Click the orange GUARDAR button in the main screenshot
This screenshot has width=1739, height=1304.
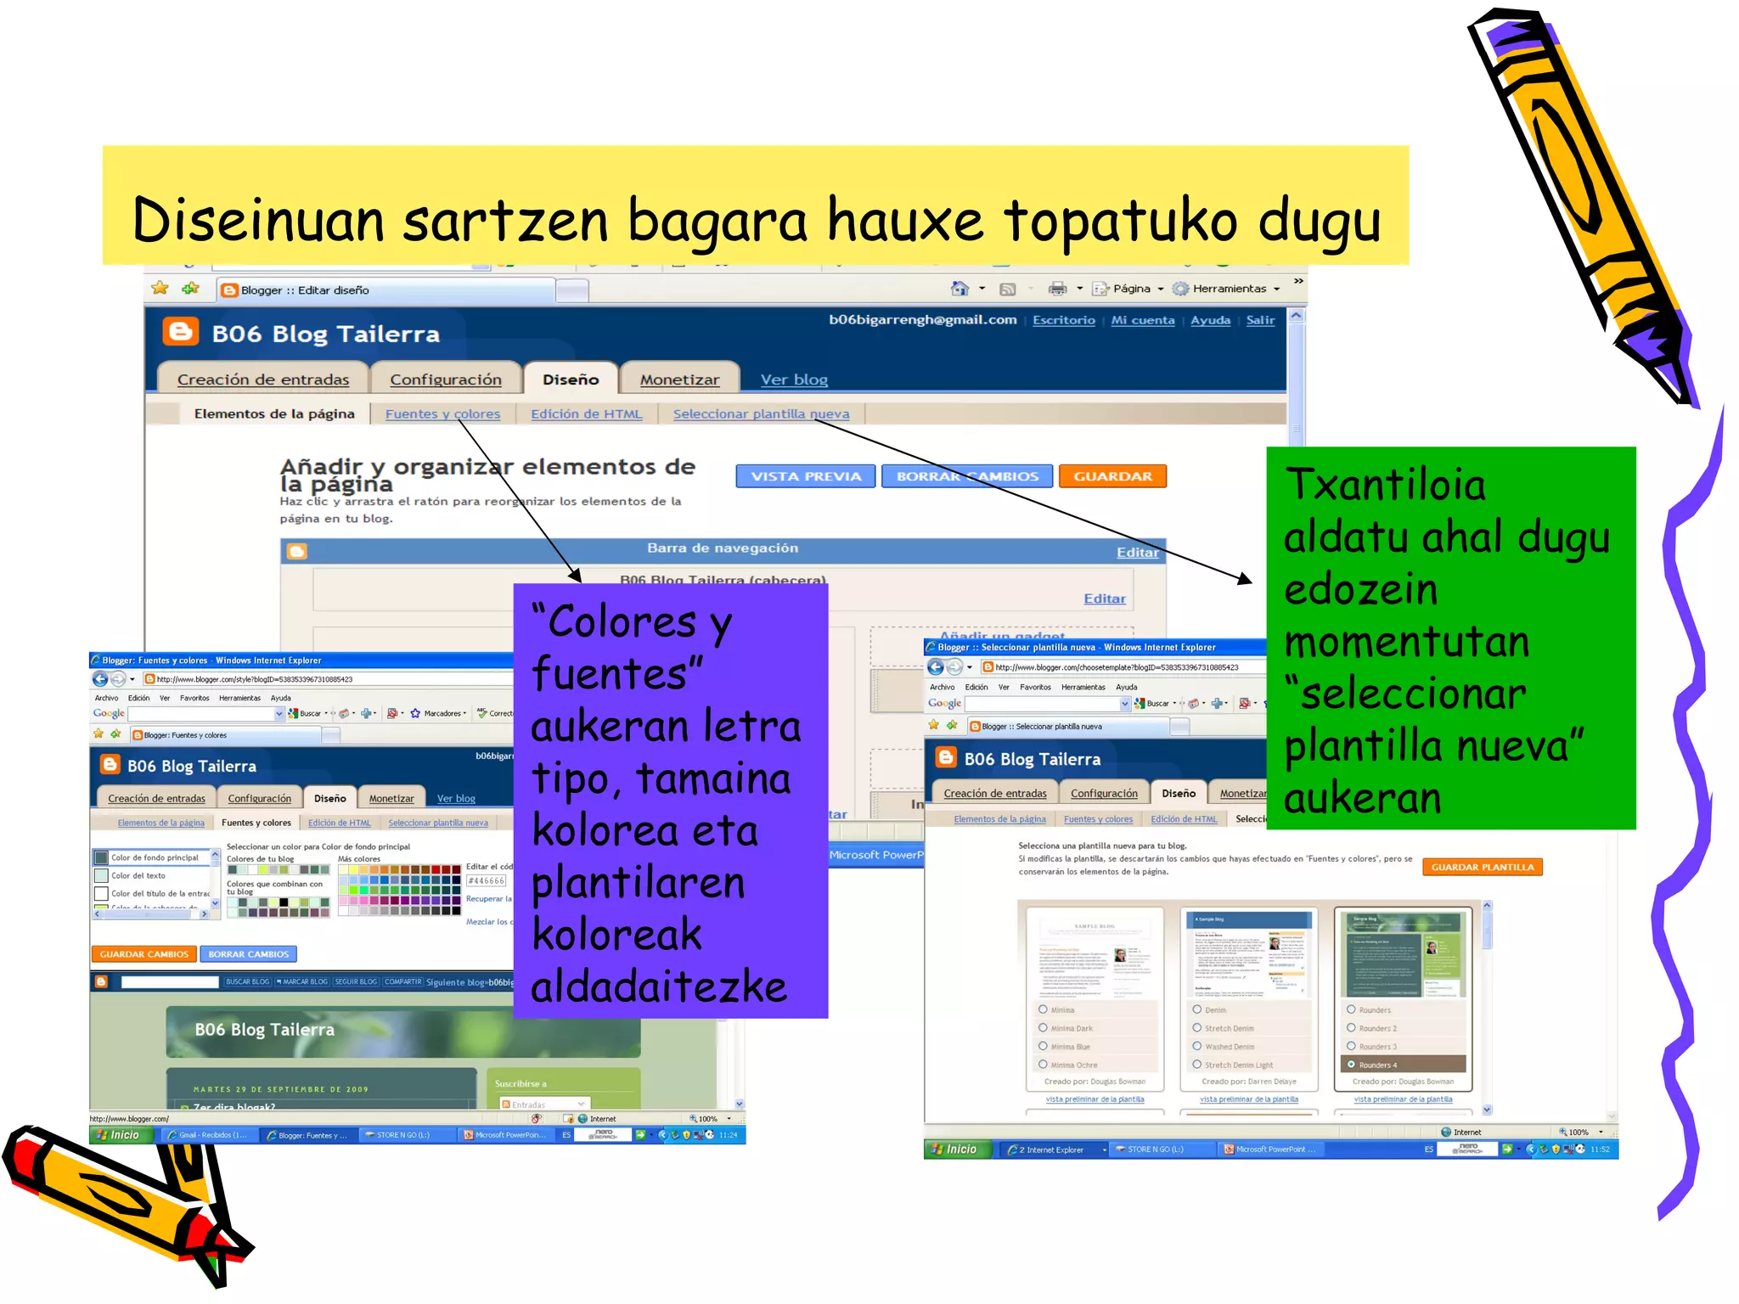pos(1112,476)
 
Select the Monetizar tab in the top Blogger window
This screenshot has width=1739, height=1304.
pos(679,379)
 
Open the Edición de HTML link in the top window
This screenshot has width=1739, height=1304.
pos(586,413)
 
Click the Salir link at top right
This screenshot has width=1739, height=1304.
pos(1260,320)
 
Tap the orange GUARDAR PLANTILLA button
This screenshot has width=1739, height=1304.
pos(1482,867)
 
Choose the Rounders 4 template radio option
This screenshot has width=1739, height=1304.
pos(1351,1064)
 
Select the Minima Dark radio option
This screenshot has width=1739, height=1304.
pos(1044,1028)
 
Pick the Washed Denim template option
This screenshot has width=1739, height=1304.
pos(1197,1046)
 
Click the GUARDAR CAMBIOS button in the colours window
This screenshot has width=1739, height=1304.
pos(144,954)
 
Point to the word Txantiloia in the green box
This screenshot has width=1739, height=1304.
pos(1385,485)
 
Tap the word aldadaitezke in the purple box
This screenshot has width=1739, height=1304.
pos(659,987)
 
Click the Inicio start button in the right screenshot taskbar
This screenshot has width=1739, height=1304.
pos(954,1149)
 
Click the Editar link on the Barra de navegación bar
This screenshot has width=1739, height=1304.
pos(1137,553)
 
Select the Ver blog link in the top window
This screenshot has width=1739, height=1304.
pos(794,379)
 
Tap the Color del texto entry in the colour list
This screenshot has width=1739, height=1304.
pos(138,875)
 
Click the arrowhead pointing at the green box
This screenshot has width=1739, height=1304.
pos(1245,579)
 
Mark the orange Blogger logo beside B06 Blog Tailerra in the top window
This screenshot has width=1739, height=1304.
pos(181,332)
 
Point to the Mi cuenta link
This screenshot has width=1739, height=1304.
pos(1143,320)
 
